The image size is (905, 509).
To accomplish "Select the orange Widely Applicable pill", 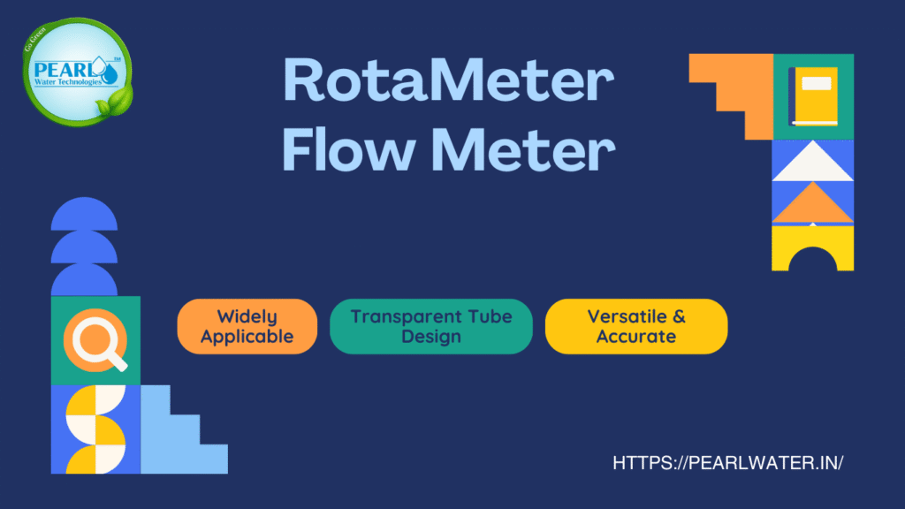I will coord(247,326).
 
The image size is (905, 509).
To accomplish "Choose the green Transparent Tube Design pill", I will coord(431,326).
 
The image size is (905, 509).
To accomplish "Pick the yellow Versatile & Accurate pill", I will coord(635,326).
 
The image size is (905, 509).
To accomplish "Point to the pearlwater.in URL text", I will coord(721,463).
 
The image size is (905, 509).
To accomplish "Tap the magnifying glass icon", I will coord(95,341).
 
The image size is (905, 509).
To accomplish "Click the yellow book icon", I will coord(814,96).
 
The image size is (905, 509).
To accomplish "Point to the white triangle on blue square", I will coord(813,164).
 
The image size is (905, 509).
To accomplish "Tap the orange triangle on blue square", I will coord(813,205).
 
